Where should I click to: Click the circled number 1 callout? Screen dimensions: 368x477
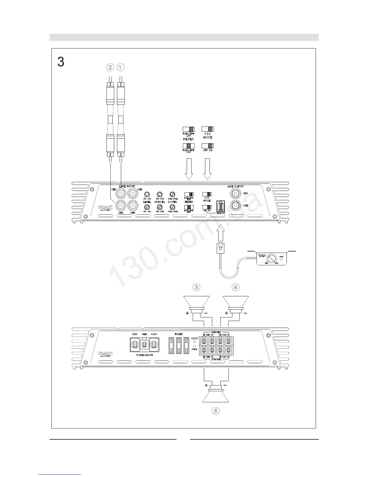coord(120,67)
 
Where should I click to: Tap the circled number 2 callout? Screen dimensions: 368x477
coord(110,67)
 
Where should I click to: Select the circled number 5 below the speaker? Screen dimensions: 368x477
coord(215,411)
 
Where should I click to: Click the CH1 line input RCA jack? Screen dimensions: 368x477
coord(121,193)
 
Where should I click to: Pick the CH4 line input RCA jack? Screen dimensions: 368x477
coord(133,206)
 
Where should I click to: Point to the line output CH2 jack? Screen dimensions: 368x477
coord(235,206)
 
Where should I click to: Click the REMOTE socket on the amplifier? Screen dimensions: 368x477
coord(221,206)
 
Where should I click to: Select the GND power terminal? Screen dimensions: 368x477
coord(135,344)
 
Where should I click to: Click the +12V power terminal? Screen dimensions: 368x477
coord(154,344)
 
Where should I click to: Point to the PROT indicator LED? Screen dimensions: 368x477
coord(195,342)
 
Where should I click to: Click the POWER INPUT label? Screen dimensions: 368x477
coord(145,355)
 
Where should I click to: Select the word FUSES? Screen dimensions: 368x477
coord(179,334)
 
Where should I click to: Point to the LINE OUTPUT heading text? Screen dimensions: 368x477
coord(235,187)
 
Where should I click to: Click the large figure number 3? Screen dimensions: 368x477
coord(61,62)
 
